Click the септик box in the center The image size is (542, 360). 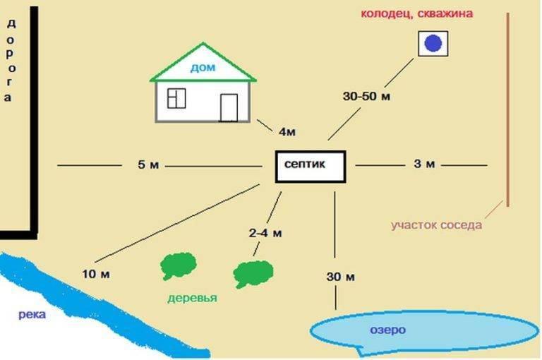310,166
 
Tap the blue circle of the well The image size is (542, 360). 432,44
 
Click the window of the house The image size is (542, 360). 176,98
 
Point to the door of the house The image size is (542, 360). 229,107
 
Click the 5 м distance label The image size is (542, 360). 150,165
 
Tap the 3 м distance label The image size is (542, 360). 423,164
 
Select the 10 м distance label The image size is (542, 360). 93,273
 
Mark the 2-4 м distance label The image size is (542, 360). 265,233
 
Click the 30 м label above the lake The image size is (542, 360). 339,276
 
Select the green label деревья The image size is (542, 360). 192,298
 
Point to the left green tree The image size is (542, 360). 178,265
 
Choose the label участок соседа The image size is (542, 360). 437,225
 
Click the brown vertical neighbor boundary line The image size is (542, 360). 508,106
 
